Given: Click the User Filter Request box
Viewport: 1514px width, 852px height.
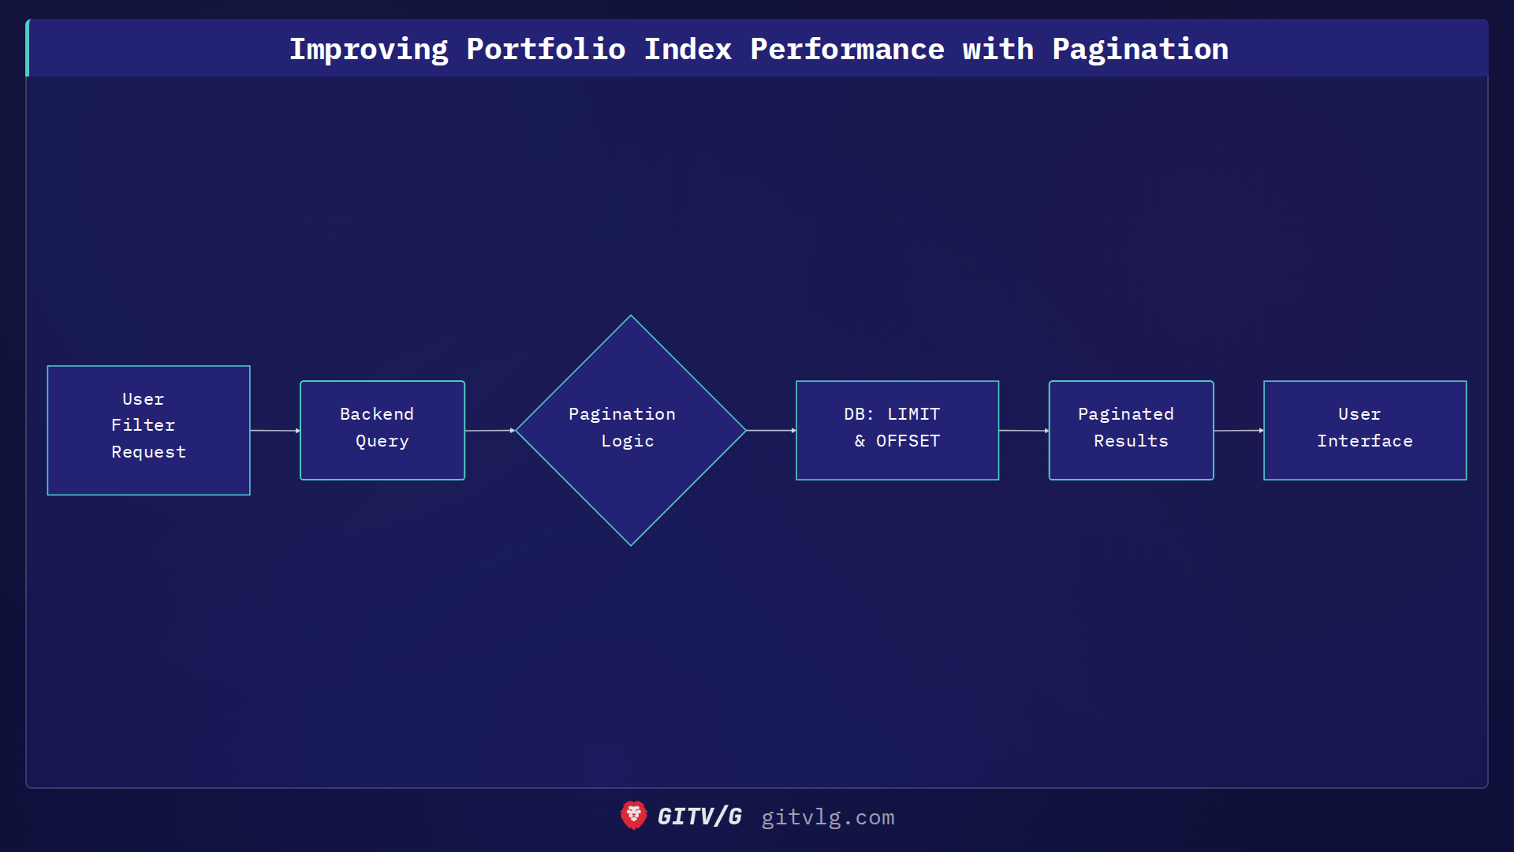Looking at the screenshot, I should (148, 430).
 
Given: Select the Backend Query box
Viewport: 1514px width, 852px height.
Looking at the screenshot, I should (382, 430).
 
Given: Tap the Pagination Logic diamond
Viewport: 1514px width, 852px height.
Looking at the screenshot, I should (630, 430).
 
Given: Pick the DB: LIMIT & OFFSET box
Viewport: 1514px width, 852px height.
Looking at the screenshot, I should (897, 430).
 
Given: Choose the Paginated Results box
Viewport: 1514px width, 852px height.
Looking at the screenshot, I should (1131, 430).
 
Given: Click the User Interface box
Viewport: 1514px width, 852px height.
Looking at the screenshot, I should (1365, 430).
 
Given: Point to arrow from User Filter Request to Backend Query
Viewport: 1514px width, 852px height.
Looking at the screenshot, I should (274, 431).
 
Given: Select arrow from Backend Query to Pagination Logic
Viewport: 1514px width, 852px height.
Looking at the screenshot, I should (490, 431).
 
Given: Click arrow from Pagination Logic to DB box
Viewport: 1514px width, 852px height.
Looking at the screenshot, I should (770, 431).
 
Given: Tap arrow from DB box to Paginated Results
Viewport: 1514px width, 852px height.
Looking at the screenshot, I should (1024, 431).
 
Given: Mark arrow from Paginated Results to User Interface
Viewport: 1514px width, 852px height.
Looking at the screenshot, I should (1238, 431).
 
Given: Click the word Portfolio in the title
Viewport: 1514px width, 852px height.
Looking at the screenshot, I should (546, 50).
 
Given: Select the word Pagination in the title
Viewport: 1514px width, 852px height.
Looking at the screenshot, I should (1140, 50).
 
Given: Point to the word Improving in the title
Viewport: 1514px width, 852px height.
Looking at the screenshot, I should (368, 50).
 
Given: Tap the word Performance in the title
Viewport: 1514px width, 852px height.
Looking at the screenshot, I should (847, 50).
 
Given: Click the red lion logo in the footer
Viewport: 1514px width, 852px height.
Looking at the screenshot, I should (633, 816).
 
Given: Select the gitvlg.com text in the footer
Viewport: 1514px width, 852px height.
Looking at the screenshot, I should (828, 817).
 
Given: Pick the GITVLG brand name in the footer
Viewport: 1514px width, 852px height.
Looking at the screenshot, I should (699, 816).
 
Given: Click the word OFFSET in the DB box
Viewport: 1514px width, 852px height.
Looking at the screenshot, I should (908, 441).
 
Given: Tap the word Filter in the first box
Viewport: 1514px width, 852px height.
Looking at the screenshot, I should (143, 425).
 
